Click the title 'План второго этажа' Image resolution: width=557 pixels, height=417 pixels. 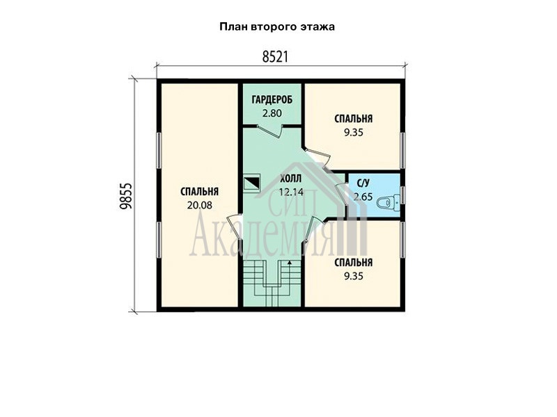pos(277,27)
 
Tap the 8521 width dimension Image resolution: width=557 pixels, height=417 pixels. pos(275,57)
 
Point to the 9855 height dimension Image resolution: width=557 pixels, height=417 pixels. pos(125,196)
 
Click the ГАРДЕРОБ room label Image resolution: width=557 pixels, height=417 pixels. pos(272,100)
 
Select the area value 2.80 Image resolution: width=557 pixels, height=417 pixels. pos(272,113)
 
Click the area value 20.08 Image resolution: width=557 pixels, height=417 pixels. pos(199,205)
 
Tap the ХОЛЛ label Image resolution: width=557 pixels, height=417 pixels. pos(290,179)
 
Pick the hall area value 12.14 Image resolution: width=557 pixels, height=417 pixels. pos(291,193)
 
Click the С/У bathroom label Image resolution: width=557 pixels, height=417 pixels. pos(363,183)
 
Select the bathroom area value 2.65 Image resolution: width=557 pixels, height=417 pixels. pos(363,197)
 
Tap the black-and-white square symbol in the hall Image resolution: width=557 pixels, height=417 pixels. pos(252,183)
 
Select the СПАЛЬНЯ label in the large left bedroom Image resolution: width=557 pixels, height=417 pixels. pos(199,192)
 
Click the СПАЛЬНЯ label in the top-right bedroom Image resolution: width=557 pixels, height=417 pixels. pos(354,119)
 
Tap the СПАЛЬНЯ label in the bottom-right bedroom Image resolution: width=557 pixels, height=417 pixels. pos(354,263)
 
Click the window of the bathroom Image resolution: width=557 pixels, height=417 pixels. pos(402,195)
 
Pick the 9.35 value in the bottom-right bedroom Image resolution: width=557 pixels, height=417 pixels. pos(354,276)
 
